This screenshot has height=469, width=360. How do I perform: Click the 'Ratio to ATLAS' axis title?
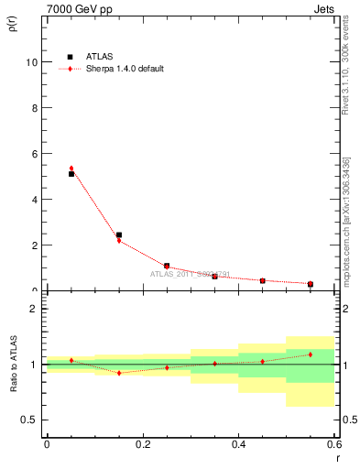[x=13, y=365]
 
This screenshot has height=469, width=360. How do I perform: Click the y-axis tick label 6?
[x=34, y=154]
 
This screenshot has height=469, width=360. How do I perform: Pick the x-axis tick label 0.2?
[x=142, y=443]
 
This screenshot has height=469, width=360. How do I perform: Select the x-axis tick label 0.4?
[x=238, y=443]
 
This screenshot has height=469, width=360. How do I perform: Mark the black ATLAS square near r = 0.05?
[x=71, y=174]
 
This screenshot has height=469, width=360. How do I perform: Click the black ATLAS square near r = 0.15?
[x=119, y=235]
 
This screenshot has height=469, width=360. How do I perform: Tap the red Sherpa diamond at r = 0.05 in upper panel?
[x=71, y=169]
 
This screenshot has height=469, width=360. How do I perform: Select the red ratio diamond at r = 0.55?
[x=311, y=354]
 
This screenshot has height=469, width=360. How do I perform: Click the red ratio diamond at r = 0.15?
[x=119, y=373]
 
